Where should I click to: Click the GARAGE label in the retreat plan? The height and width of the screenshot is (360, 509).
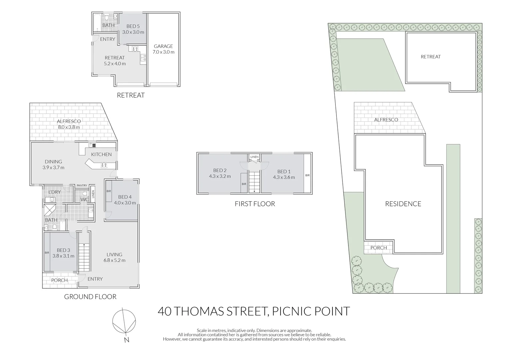click(x=163, y=46)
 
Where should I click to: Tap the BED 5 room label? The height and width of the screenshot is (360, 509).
click(x=133, y=26)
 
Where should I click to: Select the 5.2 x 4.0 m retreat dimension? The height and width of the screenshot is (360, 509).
click(x=115, y=64)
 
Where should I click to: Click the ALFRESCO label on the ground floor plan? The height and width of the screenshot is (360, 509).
click(x=69, y=121)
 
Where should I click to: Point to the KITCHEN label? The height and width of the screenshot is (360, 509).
click(x=101, y=154)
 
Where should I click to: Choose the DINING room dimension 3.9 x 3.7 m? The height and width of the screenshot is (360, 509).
click(x=53, y=168)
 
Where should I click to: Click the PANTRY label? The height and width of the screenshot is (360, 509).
click(x=82, y=186)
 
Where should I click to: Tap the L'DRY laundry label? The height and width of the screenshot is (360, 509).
click(x=54, y=192)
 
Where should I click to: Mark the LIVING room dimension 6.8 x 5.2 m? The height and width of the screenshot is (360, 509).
click(x=114, y=260)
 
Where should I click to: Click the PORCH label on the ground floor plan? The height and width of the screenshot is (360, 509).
click(x=59, y=280)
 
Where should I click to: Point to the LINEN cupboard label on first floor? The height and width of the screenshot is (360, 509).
click(x=254, y=157)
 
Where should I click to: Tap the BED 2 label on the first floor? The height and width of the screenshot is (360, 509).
click(x=220, y=170)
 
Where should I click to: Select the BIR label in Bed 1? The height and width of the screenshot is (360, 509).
click(x=307, y=175)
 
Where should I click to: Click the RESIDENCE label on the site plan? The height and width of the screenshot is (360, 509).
click(x=403, y=204)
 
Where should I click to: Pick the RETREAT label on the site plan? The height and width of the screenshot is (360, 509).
click(x=430, y=57)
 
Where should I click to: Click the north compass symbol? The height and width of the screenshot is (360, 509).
click(x=124, y=321)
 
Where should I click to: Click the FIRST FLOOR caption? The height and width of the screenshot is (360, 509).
click(x=255, y=204)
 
